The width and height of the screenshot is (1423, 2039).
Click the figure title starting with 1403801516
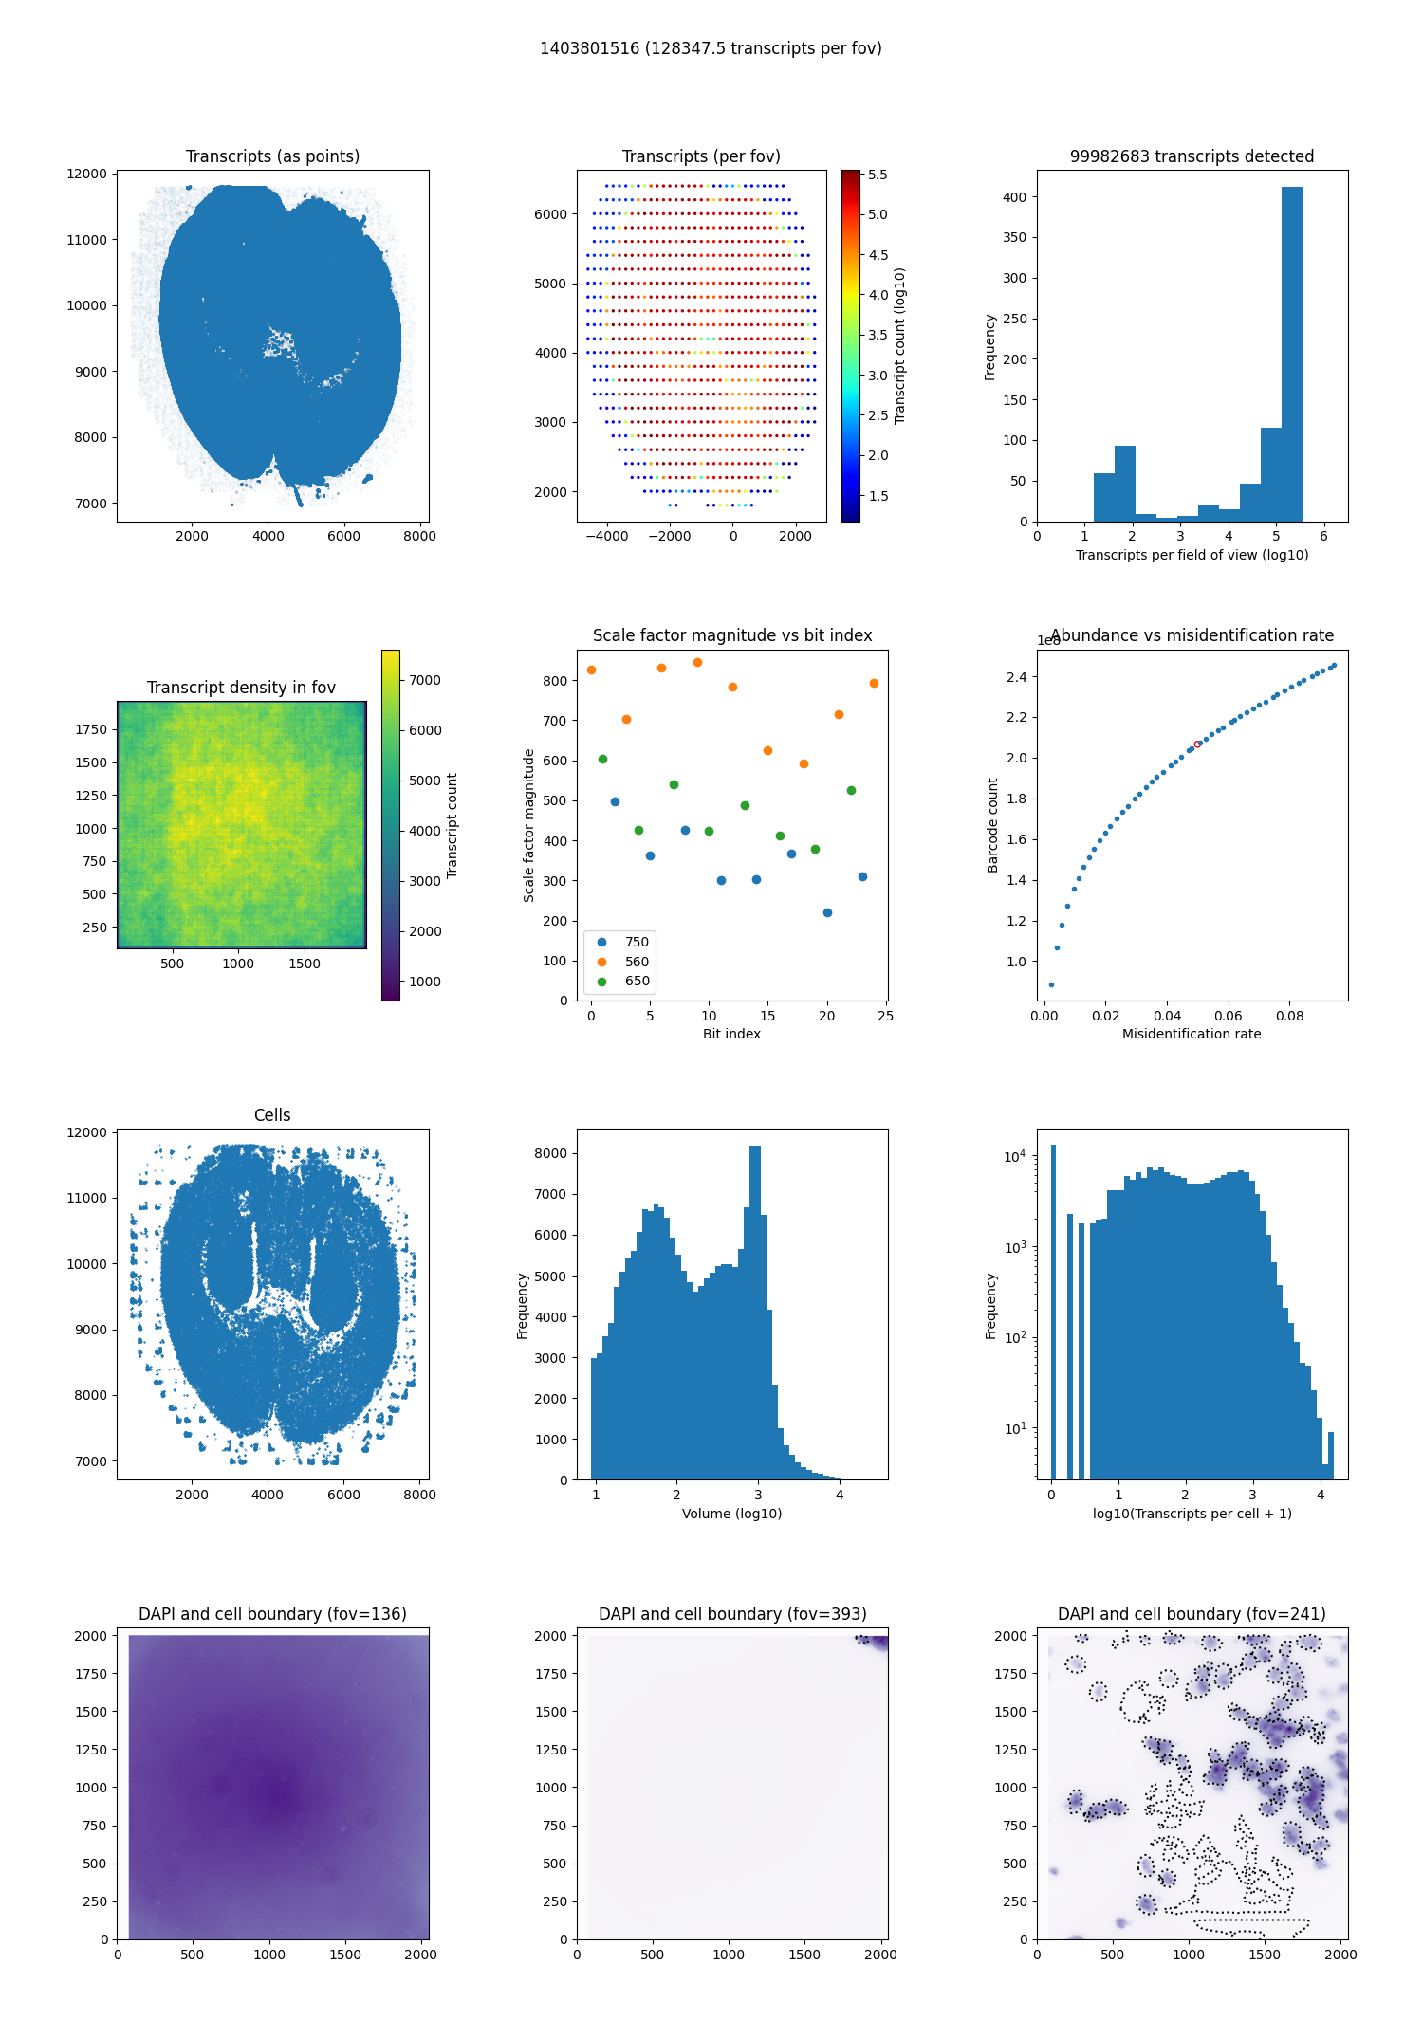coord(711,48)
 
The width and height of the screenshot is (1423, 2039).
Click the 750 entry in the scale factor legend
coord(637,942)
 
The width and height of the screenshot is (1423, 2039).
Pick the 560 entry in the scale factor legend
coord(637,962)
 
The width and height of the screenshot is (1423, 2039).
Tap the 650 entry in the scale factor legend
coord(637,982)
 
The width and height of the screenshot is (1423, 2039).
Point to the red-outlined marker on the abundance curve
coord(1197,744)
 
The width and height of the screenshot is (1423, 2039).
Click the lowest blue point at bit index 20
coord(827,912)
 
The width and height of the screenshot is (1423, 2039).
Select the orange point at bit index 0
coord(591,670)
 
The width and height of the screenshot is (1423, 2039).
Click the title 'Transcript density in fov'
coord(241,688)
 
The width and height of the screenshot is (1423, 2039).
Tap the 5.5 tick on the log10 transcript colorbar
coord(878,175)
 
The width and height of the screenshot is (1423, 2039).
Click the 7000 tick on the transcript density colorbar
coord(424,680)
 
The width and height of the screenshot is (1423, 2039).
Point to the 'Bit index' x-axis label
coord(731,1034)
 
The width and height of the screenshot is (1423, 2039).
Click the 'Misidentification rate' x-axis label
coord(1192,1034)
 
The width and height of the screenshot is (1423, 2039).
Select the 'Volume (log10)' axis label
coord(731,1514)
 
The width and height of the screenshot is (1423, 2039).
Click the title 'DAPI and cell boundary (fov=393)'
coord(732,1614)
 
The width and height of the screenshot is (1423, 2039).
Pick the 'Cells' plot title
coord(272,1115)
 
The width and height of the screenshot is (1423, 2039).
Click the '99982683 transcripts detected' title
coord(1192,156)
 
